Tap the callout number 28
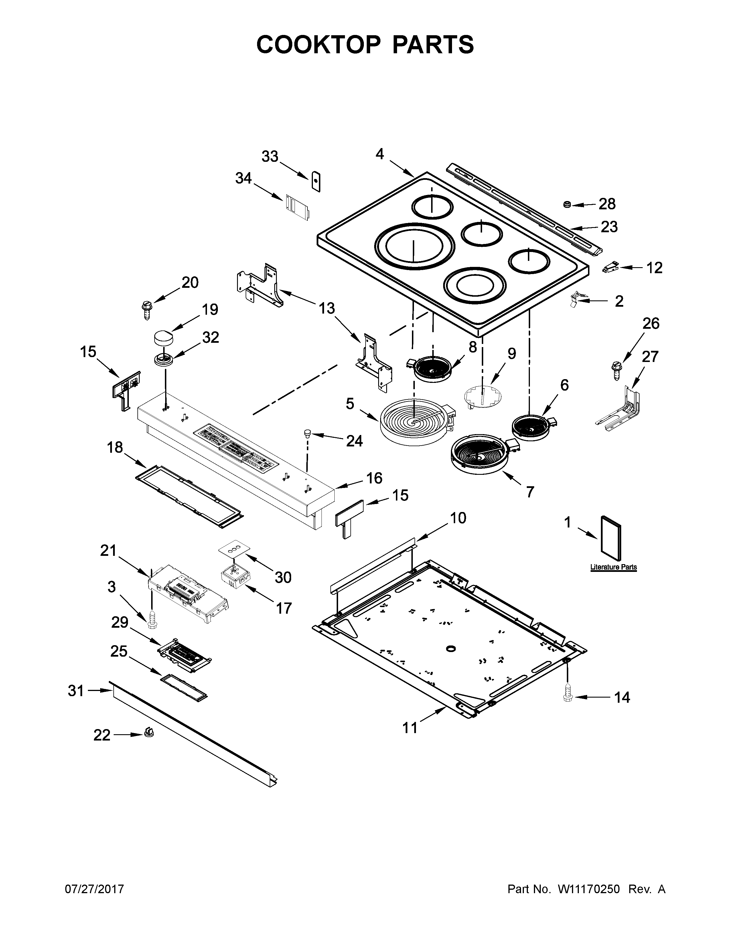click(607, 204)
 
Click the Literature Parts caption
click(613, 567)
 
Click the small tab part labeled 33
click(317, 181)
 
